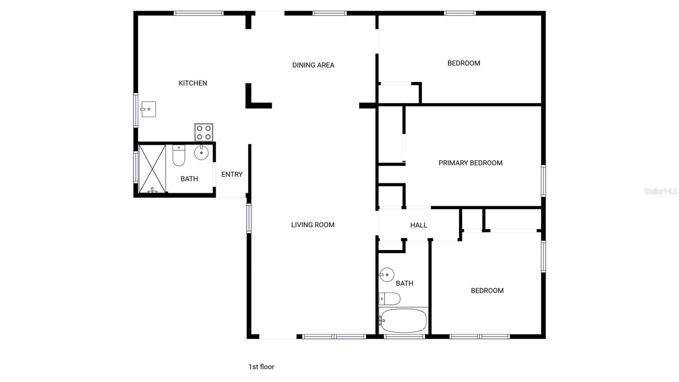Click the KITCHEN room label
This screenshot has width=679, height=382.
point(193,83)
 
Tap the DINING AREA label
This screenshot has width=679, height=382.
point(313,65)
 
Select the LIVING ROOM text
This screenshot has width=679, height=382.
point(313,225)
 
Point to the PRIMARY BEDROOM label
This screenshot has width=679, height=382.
point(470,163)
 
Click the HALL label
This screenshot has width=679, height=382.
point(418,225)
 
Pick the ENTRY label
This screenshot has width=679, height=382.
point(232,174)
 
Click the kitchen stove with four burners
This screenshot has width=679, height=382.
point(204,132)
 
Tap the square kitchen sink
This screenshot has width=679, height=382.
point(149,109)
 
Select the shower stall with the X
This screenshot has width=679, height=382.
point(152,169)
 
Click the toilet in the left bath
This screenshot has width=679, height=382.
point(179,156)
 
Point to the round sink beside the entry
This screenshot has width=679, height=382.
point(201,153)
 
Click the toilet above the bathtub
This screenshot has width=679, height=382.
point(390,299)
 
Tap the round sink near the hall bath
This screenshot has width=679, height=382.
point(387,275)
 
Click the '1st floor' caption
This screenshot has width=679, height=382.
point(261,367)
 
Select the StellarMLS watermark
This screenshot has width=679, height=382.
point(660,192)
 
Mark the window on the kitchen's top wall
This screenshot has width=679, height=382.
point(199,13)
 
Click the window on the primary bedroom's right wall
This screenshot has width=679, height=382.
point(543,181)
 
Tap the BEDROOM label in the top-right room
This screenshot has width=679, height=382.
point(464,63)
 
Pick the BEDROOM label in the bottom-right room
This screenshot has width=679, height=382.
point(487,291)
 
